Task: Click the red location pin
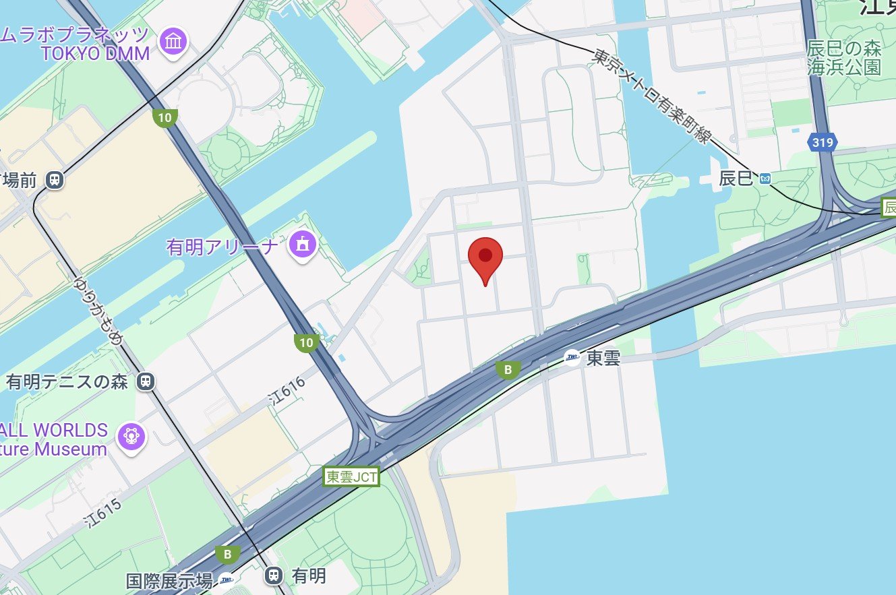coord(485,257)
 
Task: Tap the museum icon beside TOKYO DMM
coord(173,42)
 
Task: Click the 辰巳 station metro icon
coord(765,179)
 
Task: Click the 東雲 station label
coord(603,358)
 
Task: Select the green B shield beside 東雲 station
coord(508,369)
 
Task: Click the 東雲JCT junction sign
coord(351,477)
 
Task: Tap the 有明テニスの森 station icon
coord(145,382)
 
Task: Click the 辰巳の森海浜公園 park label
coord(844,58)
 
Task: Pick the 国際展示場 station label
coord(169,580)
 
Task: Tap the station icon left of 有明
coord(273,575)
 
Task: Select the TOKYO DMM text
coord(95,54)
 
